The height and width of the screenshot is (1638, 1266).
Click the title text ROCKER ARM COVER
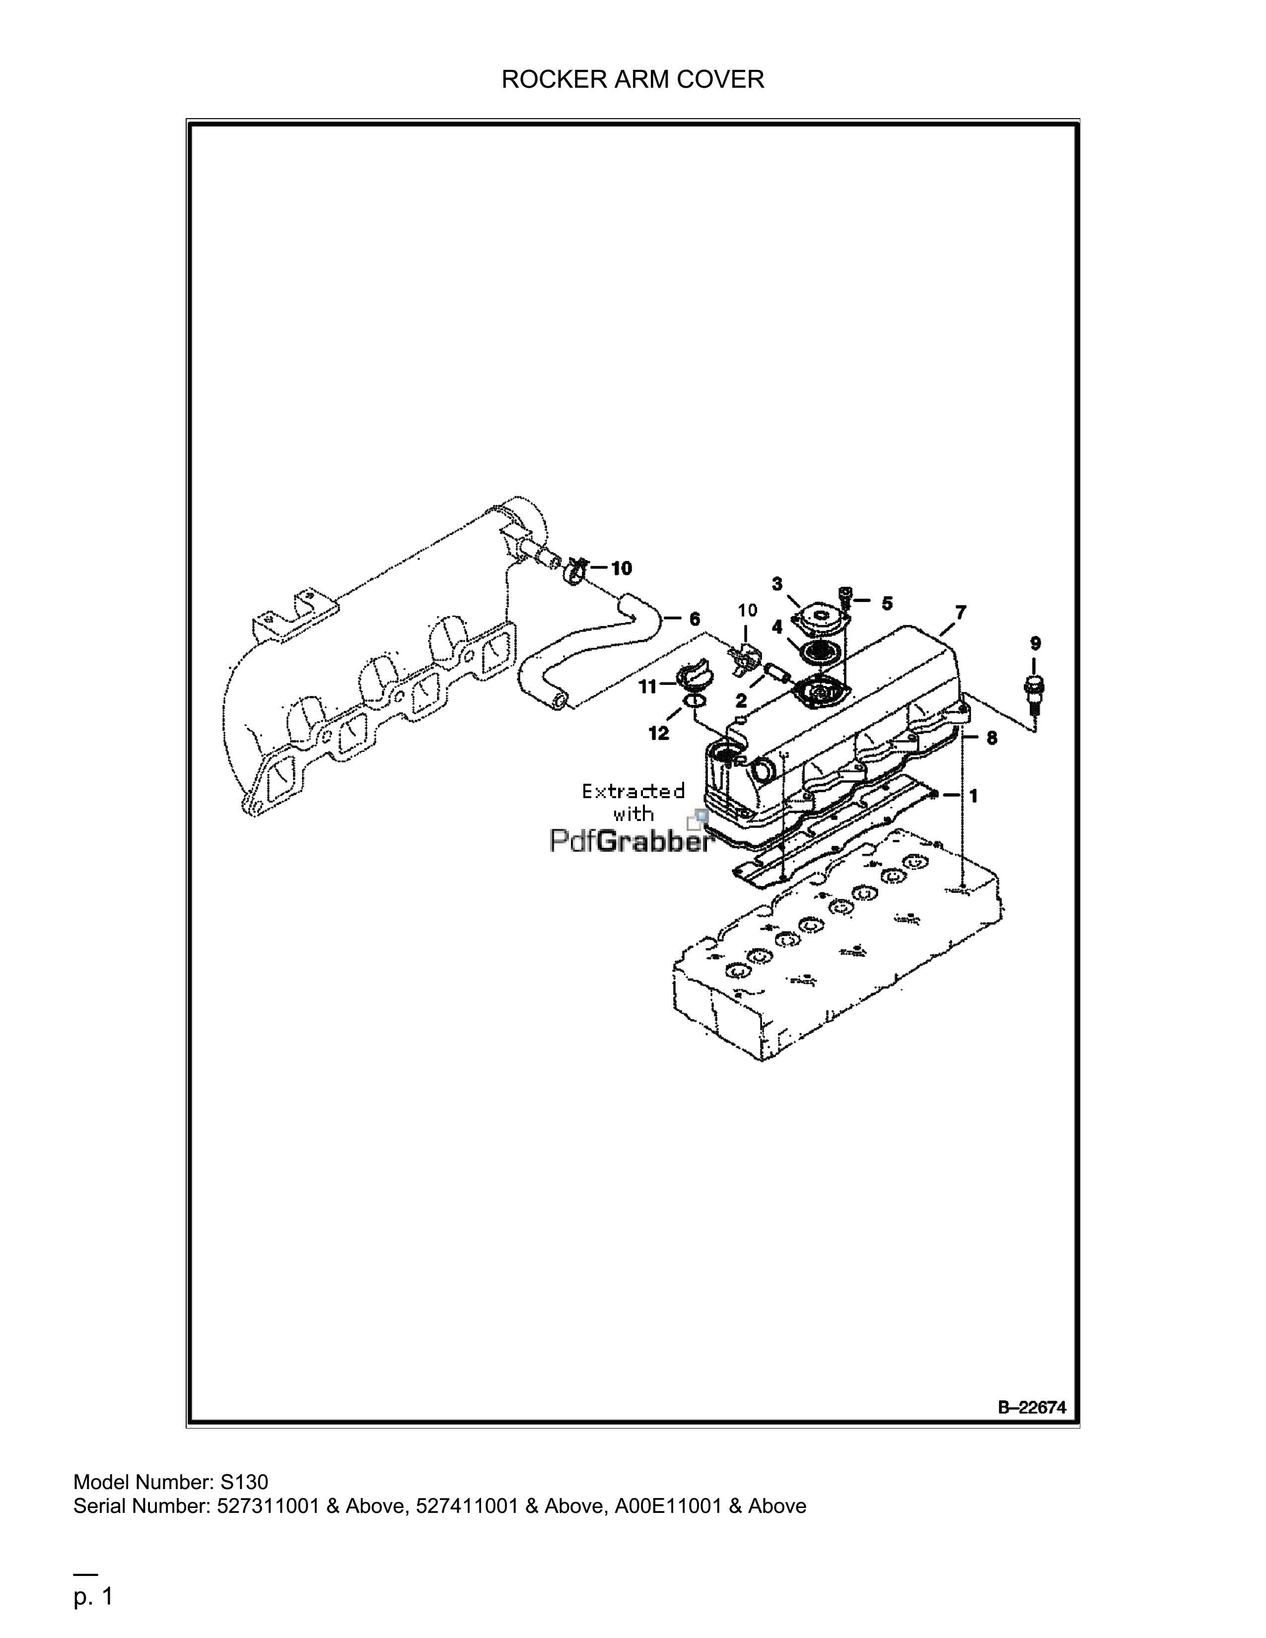pos(632,79)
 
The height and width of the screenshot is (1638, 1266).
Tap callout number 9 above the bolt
pos(1036,643)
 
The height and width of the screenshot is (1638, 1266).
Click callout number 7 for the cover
pos(961,612)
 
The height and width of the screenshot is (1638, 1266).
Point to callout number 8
pos(991,738)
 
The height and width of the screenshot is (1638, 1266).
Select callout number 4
pos(777,625)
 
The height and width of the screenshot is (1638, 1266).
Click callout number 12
pos(658,734)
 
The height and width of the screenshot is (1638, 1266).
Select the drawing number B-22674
pos(1031,1408)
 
